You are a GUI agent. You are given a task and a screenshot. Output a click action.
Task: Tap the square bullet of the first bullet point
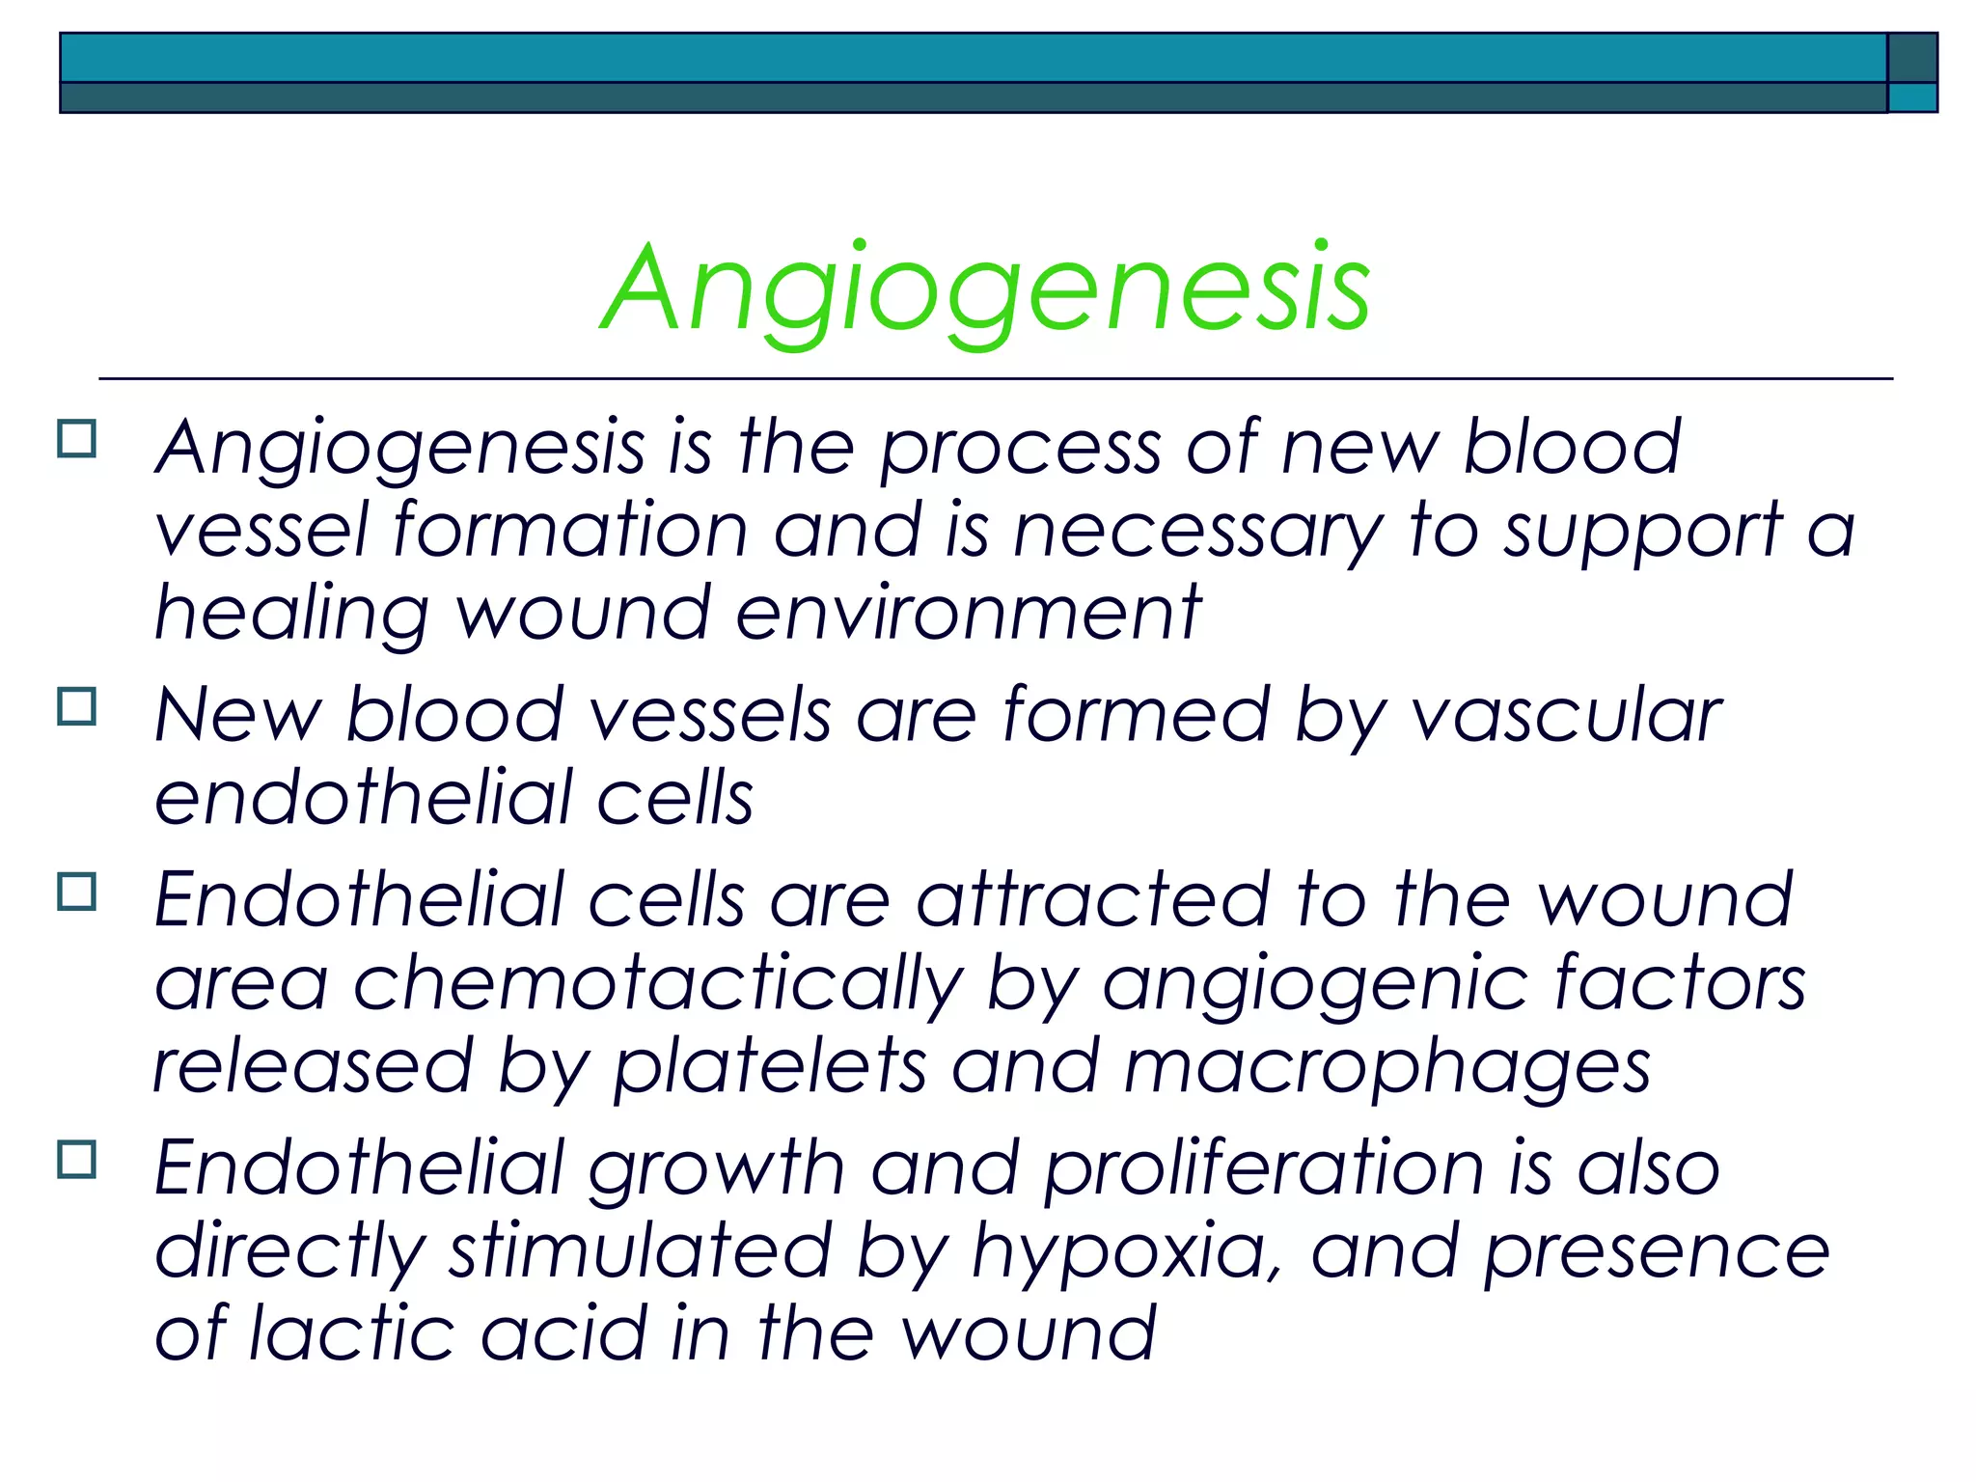pos(77,439)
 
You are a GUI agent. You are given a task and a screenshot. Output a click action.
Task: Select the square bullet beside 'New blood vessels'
pos(77,706)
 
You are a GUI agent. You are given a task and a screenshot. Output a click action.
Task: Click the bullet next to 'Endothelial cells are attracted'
pos(77,892)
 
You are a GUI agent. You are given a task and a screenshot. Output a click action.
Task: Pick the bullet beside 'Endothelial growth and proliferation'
pos(77,1159)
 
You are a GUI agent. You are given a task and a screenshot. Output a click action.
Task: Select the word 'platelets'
pos(770,1067)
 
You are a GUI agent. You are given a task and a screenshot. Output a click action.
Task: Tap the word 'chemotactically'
pos(658,984)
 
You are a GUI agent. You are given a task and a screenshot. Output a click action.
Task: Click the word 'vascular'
pos(1567,716)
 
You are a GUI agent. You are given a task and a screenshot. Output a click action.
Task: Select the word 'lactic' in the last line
pos(351,1333)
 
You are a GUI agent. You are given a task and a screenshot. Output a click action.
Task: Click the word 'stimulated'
pos(640,1251)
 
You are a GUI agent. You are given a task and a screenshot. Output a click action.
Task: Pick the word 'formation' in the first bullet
pos(570,531)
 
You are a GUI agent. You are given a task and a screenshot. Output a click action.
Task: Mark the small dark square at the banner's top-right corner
pos(1911,58)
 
